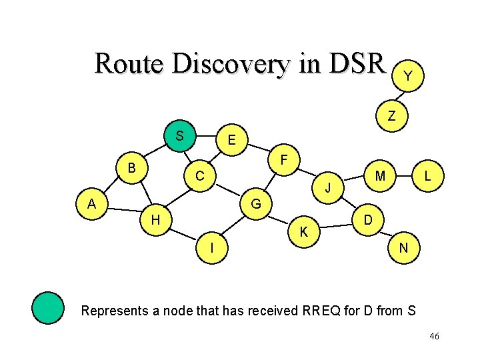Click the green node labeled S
(x=179, y=137)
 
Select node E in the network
(x=231, y=141)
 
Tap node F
(x=284, y=161)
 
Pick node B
(x=132, y=167)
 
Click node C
(x=199, y=177)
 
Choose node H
(x=155, y=219)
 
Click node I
(x=211, y=247)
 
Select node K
(x=303, y=232)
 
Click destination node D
(x=367, y=219)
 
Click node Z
(x=392, y=116)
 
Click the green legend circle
(x=48, y=307)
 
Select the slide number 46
(x=434, y=337)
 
